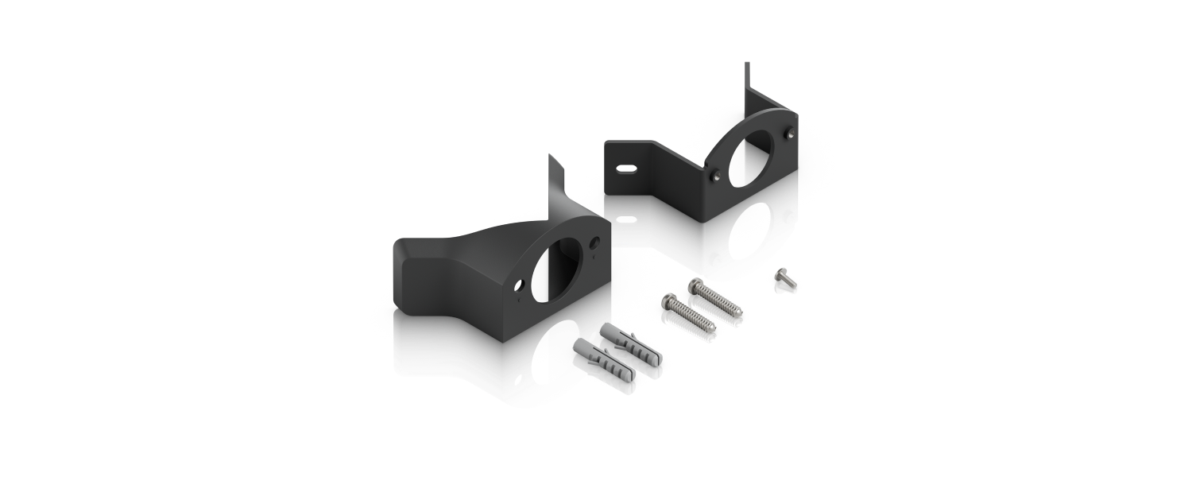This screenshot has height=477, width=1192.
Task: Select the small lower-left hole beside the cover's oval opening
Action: coord(520,282)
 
